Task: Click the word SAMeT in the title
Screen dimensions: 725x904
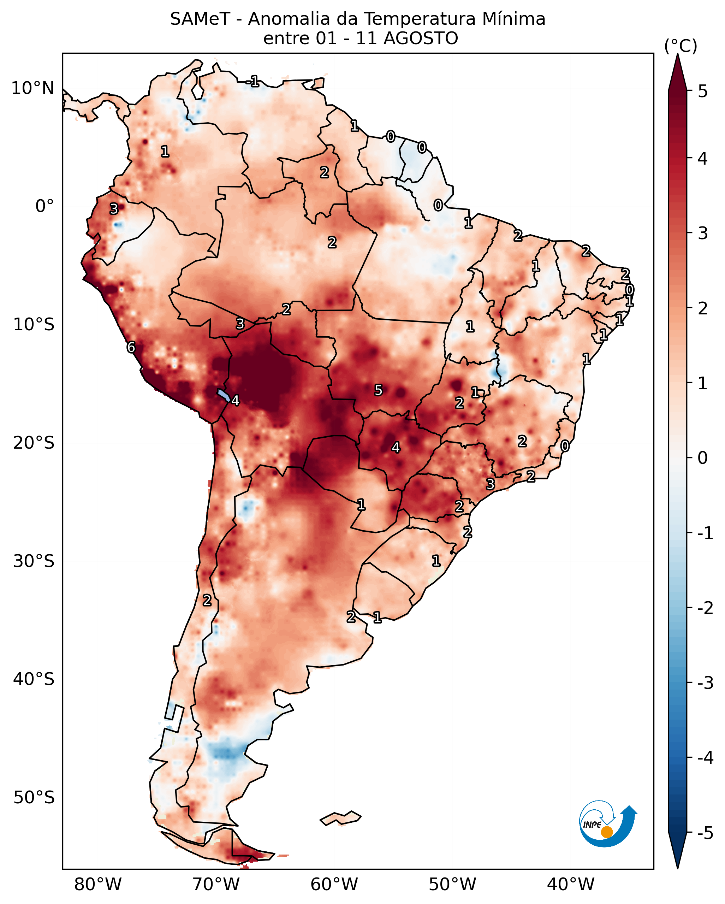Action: click(200, 19)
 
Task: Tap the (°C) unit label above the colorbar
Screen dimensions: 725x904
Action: click(681, 46)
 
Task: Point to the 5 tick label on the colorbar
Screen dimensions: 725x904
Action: click(702, 91)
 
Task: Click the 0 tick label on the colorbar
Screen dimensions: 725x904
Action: click(702, 457)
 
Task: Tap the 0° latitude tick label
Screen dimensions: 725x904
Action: click(44, 206)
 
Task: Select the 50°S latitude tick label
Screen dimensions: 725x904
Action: click(34, 798)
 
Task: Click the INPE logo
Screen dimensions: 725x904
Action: click(608, 824)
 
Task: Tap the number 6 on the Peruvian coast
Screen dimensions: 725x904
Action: click(131, 347)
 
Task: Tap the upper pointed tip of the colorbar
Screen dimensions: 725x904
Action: click(678, 54)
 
